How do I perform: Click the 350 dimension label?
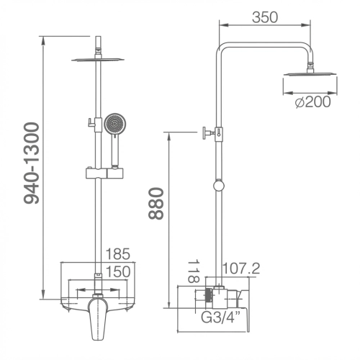click(265, 17)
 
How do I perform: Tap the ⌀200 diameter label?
click(312, 102)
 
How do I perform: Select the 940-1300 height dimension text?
click(32, 163)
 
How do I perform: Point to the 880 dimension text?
click(156, 204)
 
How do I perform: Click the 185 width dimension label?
click(118, 254)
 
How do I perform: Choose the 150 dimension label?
click(118, 271)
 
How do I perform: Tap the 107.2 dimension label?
click(241, 269)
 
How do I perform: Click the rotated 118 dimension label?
click(194, 271)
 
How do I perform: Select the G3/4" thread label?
click(220, 318)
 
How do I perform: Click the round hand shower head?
click(114, 124)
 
